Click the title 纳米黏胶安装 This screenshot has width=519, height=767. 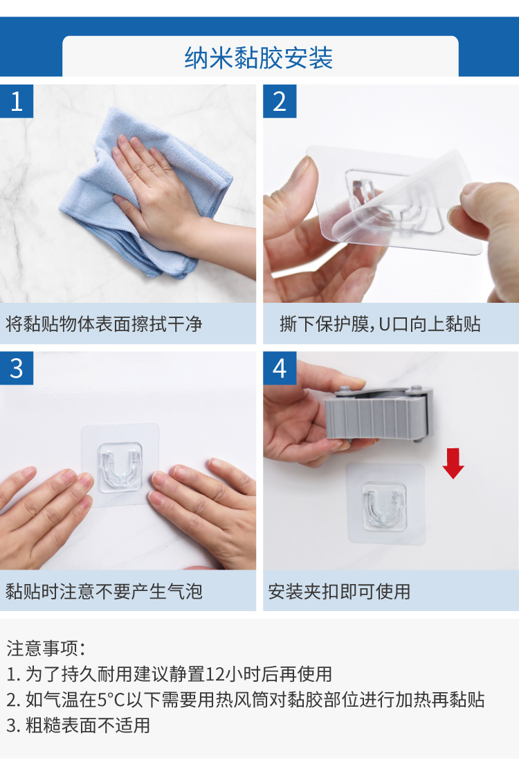click(259, 58)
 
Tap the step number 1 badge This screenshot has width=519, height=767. click(17, 101)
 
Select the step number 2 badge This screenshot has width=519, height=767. click(280, 101)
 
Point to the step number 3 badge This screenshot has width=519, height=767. click(17, 368)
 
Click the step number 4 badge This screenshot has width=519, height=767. click(280, 368)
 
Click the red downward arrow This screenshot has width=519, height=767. click(453, 464)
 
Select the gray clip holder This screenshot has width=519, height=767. click(379, 414)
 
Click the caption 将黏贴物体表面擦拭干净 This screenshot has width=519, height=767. click(104, 324)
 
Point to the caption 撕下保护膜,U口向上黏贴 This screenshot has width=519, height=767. click(380, 324)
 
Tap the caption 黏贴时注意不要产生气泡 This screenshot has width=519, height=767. click(104, 592)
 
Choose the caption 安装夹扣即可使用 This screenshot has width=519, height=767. click(339, 592)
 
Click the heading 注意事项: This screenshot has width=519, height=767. click(46, 648)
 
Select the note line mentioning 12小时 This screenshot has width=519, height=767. click(169, 674)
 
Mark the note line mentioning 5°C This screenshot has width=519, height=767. click(246, 700)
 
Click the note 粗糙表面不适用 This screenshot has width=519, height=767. click(78, 725)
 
